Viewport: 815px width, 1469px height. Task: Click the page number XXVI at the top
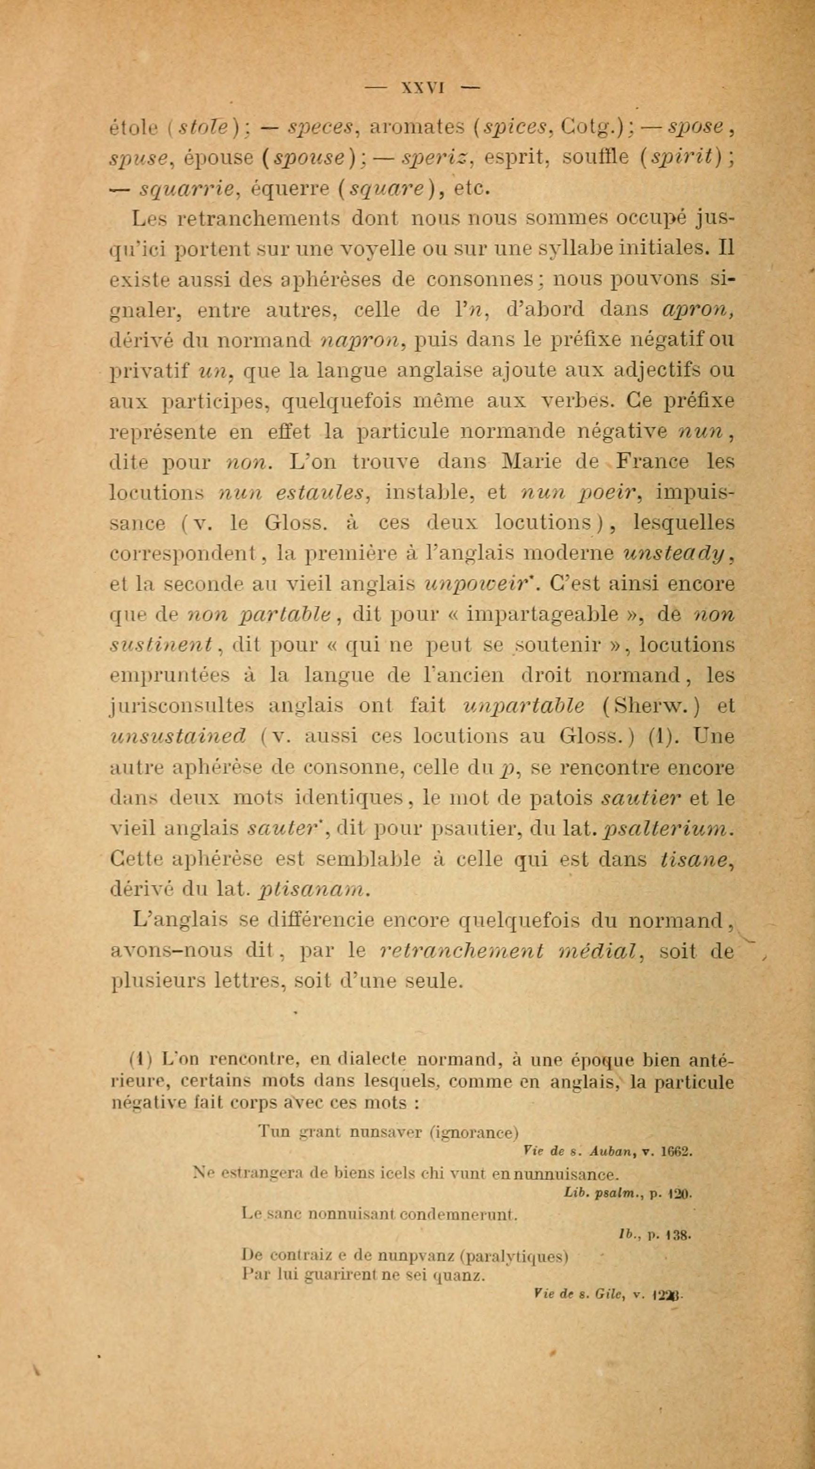[x=423, y=88]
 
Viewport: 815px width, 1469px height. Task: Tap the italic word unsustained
[x=178, y=737]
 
